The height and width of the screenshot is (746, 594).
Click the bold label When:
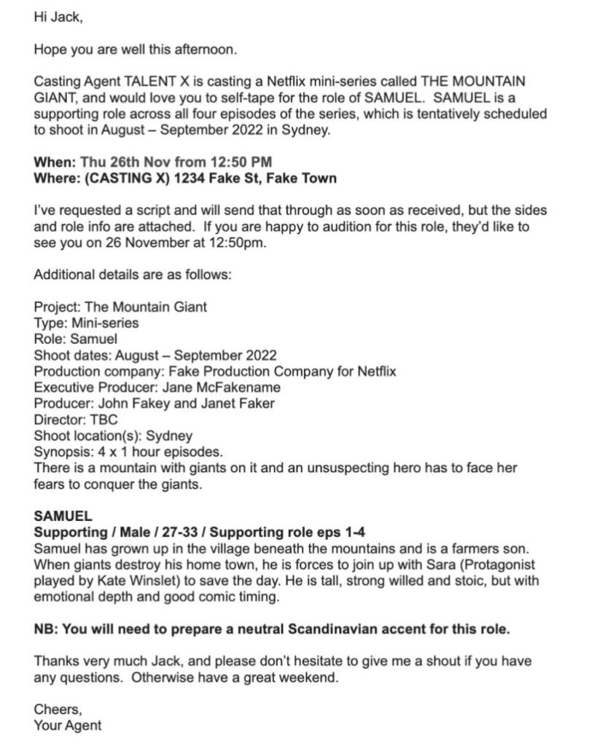[55, 162]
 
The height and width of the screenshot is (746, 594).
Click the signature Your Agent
[68, 726]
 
